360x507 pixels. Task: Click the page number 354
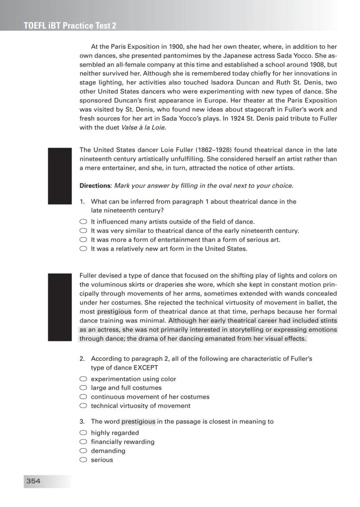point(33,481)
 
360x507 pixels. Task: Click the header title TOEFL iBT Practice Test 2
point(70,26)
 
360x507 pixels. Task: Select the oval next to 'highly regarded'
point(83,433)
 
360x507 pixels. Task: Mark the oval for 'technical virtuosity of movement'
point(83,406)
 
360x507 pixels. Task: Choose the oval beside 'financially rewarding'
point(83,442)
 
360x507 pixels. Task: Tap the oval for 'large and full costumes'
point(83,388)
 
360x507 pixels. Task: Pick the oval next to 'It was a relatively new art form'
point(83,249)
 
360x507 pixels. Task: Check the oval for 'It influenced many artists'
point(83,222)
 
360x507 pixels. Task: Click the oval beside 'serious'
point(83,460)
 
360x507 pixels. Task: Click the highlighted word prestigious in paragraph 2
point(114,312)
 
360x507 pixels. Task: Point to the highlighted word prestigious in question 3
point(138,422)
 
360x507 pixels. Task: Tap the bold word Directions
point(95,186)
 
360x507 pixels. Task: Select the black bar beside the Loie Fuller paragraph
point(60,176)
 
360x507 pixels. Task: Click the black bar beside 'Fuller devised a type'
point(60,307)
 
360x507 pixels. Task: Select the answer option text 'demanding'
point(108,451)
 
